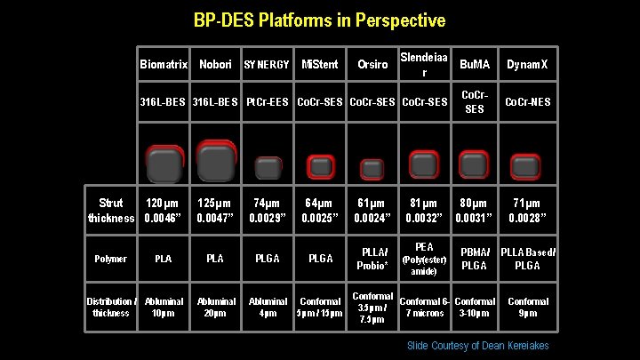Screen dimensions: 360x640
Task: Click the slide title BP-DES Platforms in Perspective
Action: (320, 20)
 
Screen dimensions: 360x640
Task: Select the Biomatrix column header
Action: (164, 65)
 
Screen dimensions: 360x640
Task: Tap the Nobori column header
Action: (215, 65)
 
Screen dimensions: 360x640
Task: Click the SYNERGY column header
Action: (267, 65)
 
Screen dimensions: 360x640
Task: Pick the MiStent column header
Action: (319, 65)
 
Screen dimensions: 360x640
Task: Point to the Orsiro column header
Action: (372, 65)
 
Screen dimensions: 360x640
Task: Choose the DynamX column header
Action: (527, 65)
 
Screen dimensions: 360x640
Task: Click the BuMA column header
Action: (475, 65)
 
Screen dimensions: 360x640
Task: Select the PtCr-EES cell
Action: (267, 102)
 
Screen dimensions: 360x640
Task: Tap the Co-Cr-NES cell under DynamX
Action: (527, 102)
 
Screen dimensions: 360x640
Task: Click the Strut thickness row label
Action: (111, 211)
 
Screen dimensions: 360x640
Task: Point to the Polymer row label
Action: (111, 259)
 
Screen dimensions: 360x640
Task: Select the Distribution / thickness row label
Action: (111, 307)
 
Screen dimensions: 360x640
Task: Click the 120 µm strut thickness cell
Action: (164, 211)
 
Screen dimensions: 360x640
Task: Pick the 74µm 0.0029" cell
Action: (267, 211)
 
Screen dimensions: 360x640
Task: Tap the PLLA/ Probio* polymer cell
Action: (372, 259)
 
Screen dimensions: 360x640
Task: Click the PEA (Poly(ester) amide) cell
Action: (424, 259)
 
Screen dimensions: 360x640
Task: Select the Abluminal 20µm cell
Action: (215, 307)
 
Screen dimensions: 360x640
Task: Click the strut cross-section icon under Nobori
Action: (215, 163)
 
